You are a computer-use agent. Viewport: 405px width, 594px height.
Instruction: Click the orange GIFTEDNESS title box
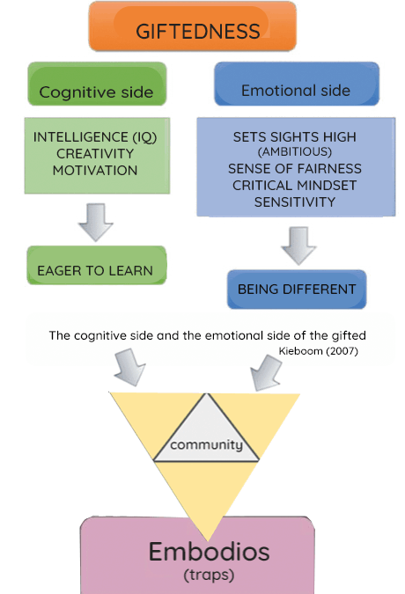pyautogui.click(x=193, y=26)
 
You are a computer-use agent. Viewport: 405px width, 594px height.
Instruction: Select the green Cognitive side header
pyautogui.click(x=97, y=84)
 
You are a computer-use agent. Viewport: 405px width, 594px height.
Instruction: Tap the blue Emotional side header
pyautogui.click(x=297, y=84)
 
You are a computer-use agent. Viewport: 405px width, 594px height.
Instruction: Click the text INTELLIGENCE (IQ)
pyautogui.click(x=95, y=137)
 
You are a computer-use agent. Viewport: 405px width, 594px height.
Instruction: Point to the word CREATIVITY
pyautogui.click(x=95, y=154)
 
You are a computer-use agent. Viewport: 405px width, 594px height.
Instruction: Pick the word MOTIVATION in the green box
pyautogui.click(x=95, y=171)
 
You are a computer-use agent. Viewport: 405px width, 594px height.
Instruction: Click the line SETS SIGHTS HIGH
pyautogui.click(x=295, y=136)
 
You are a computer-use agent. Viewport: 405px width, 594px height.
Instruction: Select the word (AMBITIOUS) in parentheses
pyautogui.click(x=295, y=152)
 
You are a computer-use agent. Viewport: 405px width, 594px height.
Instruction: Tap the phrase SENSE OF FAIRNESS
pyautogui.click(x=295, y=169)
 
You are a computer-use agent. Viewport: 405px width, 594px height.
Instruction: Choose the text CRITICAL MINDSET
pyautogui.click(x=295, y=186)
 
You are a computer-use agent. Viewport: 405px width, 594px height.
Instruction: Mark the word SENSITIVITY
pyautogui.click(x=295, y=202)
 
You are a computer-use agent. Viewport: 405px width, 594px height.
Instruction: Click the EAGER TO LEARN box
pyautogui.click(x=97, y=265)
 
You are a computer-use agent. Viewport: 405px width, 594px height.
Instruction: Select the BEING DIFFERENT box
pyautogui.click(x=297, y=290)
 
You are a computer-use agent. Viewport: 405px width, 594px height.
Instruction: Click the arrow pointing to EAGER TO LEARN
pyautogui.click(x=95, y=223)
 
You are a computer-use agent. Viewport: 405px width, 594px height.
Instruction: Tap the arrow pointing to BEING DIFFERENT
pyautogui.click(x=298, y=246)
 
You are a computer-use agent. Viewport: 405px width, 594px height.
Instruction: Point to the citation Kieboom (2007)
pyautogui.click(x=318, y=351)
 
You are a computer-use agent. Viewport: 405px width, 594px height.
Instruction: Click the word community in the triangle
pyautogui.click(x=207, y=444)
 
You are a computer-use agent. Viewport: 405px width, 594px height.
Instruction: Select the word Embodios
pyautogui.click(x=210, y=552)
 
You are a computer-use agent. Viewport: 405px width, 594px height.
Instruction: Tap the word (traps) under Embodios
pyautogui.click(x=209, y=575)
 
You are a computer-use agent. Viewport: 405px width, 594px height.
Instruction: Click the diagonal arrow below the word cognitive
pyautogui.click(x=130, y=367)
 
